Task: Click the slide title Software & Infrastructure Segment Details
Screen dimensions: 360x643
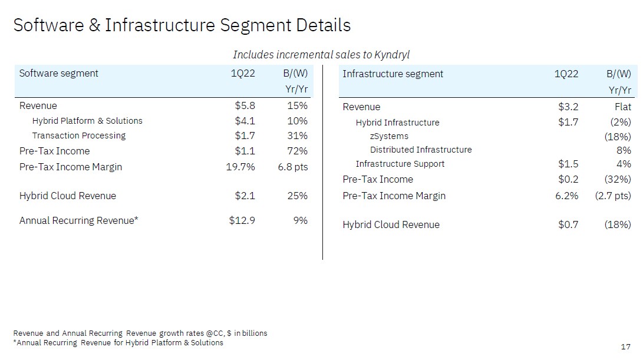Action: [182, 26]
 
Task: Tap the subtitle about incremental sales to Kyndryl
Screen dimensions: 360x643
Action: [321, 55]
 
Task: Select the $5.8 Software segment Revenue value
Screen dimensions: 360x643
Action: [245, 106]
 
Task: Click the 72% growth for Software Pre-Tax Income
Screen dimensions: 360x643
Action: [297, 151]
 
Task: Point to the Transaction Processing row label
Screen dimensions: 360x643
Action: [79, 136]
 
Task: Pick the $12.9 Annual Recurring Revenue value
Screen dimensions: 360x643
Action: [242, 220]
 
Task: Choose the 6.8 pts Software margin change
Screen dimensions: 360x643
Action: [292, 167]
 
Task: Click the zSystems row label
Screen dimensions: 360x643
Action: [389, 136]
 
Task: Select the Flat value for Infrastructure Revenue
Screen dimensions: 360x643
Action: [622, 107]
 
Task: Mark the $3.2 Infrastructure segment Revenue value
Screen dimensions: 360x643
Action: [568, 107]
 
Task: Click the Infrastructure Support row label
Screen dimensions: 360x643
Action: [400, 164]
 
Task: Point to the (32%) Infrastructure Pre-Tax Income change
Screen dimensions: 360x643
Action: [618, 179]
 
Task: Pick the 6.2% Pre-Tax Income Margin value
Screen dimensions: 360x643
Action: [566, 196]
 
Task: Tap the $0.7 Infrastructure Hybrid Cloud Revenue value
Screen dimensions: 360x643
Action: [568, 224]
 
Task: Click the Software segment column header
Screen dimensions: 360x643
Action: [59, 74]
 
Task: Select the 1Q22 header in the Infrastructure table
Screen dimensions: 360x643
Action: [566, 74]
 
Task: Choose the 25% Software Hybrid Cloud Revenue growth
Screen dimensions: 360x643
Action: [297, 196]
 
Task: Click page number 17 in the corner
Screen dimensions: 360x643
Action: [625, 346]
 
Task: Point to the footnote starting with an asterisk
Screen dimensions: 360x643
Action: [118, 343]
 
